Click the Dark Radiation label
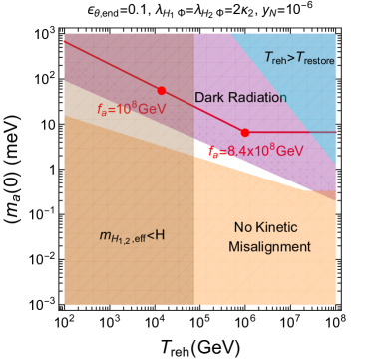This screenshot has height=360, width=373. click(240, 97)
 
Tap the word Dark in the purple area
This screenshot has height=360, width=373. click(208, 97)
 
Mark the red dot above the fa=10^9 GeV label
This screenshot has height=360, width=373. click(161, 89)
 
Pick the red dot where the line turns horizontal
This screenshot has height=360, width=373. click(245, 132)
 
